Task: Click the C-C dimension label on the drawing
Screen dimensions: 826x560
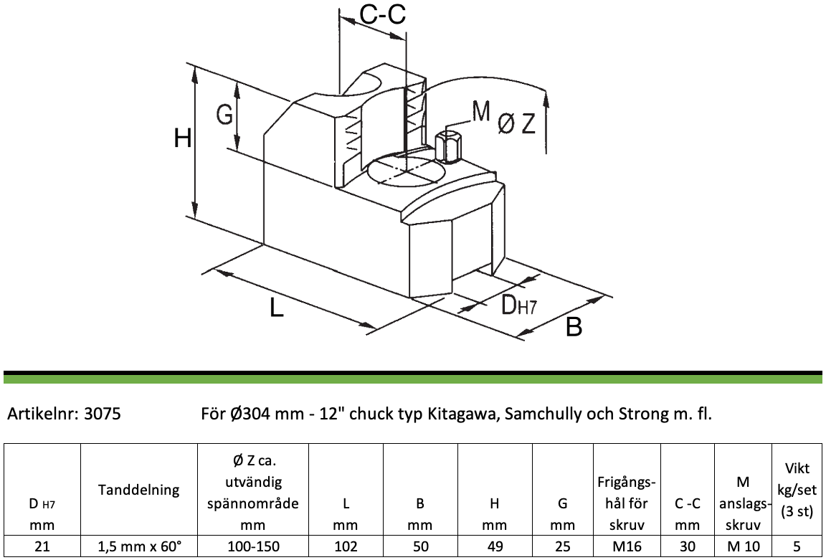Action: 383,15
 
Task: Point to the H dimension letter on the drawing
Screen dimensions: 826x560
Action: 183,139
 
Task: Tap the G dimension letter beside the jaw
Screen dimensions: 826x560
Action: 225,114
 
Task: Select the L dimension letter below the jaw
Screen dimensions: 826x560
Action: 277,307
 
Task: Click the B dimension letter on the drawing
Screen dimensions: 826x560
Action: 574,327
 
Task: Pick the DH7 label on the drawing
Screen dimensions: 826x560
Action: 518,305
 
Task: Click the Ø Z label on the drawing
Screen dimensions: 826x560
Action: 517,124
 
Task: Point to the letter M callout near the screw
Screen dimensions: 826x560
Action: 481,112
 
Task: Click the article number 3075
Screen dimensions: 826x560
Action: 103,414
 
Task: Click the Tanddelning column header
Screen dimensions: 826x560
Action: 139,490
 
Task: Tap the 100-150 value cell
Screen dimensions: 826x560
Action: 253,546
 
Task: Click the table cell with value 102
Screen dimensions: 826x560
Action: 346,546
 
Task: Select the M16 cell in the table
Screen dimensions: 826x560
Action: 627,546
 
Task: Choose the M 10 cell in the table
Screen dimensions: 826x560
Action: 743,546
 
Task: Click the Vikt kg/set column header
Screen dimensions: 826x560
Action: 797,490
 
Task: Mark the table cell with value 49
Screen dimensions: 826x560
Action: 495,546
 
